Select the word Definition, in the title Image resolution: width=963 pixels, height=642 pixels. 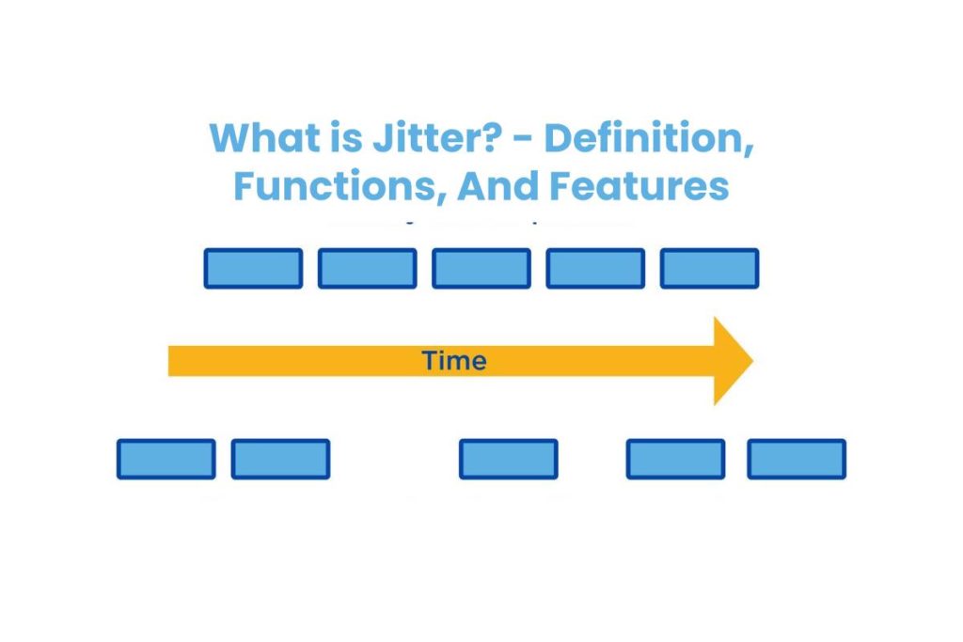pos(649,139)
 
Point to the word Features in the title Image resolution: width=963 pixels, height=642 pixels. pos(639,186)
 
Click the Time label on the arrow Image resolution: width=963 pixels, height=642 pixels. pos(454,361)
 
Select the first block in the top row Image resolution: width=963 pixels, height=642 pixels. pos(253,268)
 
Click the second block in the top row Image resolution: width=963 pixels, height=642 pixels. pos(367,268)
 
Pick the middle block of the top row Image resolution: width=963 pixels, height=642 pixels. pos(481,268)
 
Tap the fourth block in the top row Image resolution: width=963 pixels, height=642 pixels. pos(595,268)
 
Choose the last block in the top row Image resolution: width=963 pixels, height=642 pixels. pos(709,268)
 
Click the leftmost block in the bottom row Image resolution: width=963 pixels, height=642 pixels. pos(166,459)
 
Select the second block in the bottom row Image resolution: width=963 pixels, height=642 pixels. pos(280,459)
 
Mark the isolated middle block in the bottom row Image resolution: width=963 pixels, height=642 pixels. pos(508,459)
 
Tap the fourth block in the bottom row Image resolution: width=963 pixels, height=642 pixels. pos(675,459)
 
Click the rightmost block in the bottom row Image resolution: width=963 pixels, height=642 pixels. pos(797,459)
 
